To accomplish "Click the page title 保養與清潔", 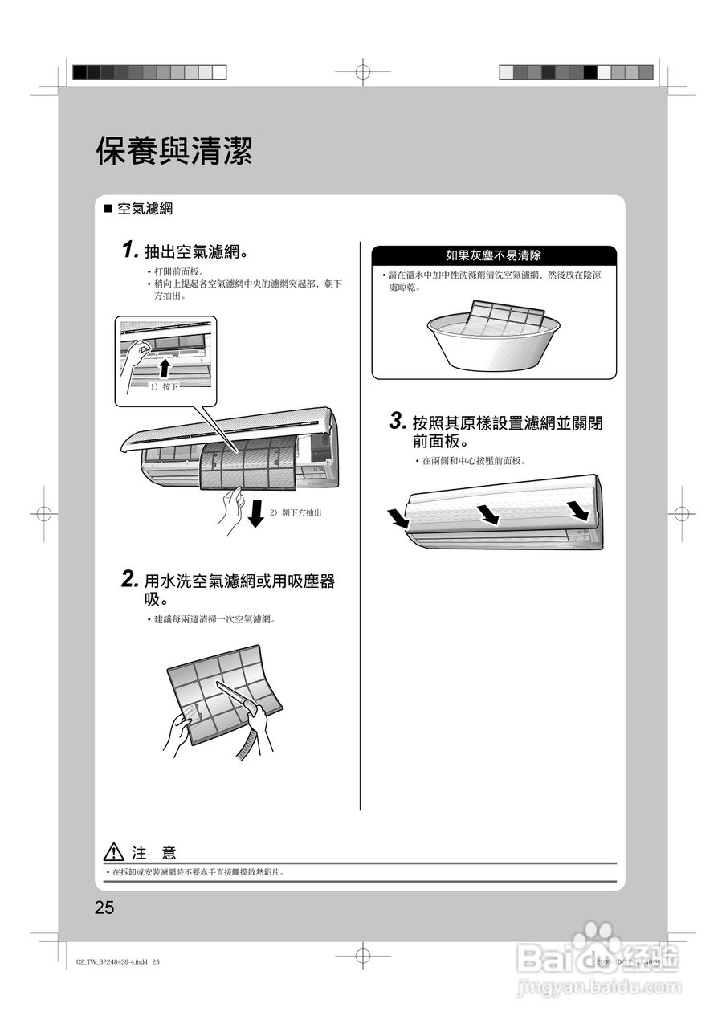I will pos(174,150).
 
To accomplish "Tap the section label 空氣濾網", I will pos(145,209).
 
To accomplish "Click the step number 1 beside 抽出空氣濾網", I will pos(129,250).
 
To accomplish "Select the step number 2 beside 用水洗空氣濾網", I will pos(130,578).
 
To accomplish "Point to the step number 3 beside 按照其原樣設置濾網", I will pos(397,420).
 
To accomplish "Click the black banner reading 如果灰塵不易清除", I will pos(493,255).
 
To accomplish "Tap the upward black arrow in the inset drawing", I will pos(165,368).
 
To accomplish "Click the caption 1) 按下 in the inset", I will pos(164,386).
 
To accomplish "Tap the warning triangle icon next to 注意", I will pos(114,852).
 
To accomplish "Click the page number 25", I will pos(104,908).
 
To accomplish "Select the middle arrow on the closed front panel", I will pos(487,514).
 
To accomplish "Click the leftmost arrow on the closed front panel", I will pos(398,519).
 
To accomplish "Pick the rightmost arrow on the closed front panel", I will pos(577,510).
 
